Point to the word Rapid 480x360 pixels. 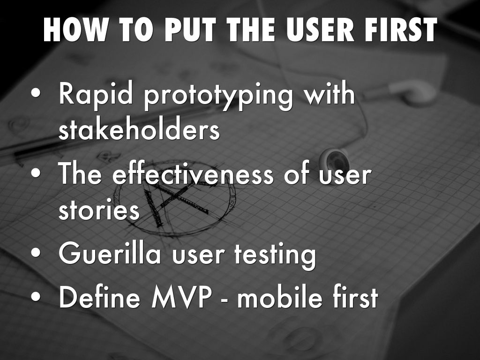point(96,93)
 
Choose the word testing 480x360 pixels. point(275,255)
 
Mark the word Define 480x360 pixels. point(99,296)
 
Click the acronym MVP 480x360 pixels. point(181,297)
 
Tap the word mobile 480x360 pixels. point(279,296)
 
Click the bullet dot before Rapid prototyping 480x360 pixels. point(36,93)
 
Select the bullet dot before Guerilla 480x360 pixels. point(36,254)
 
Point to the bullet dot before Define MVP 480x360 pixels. point(36,297)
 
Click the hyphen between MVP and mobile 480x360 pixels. point(224,300)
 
